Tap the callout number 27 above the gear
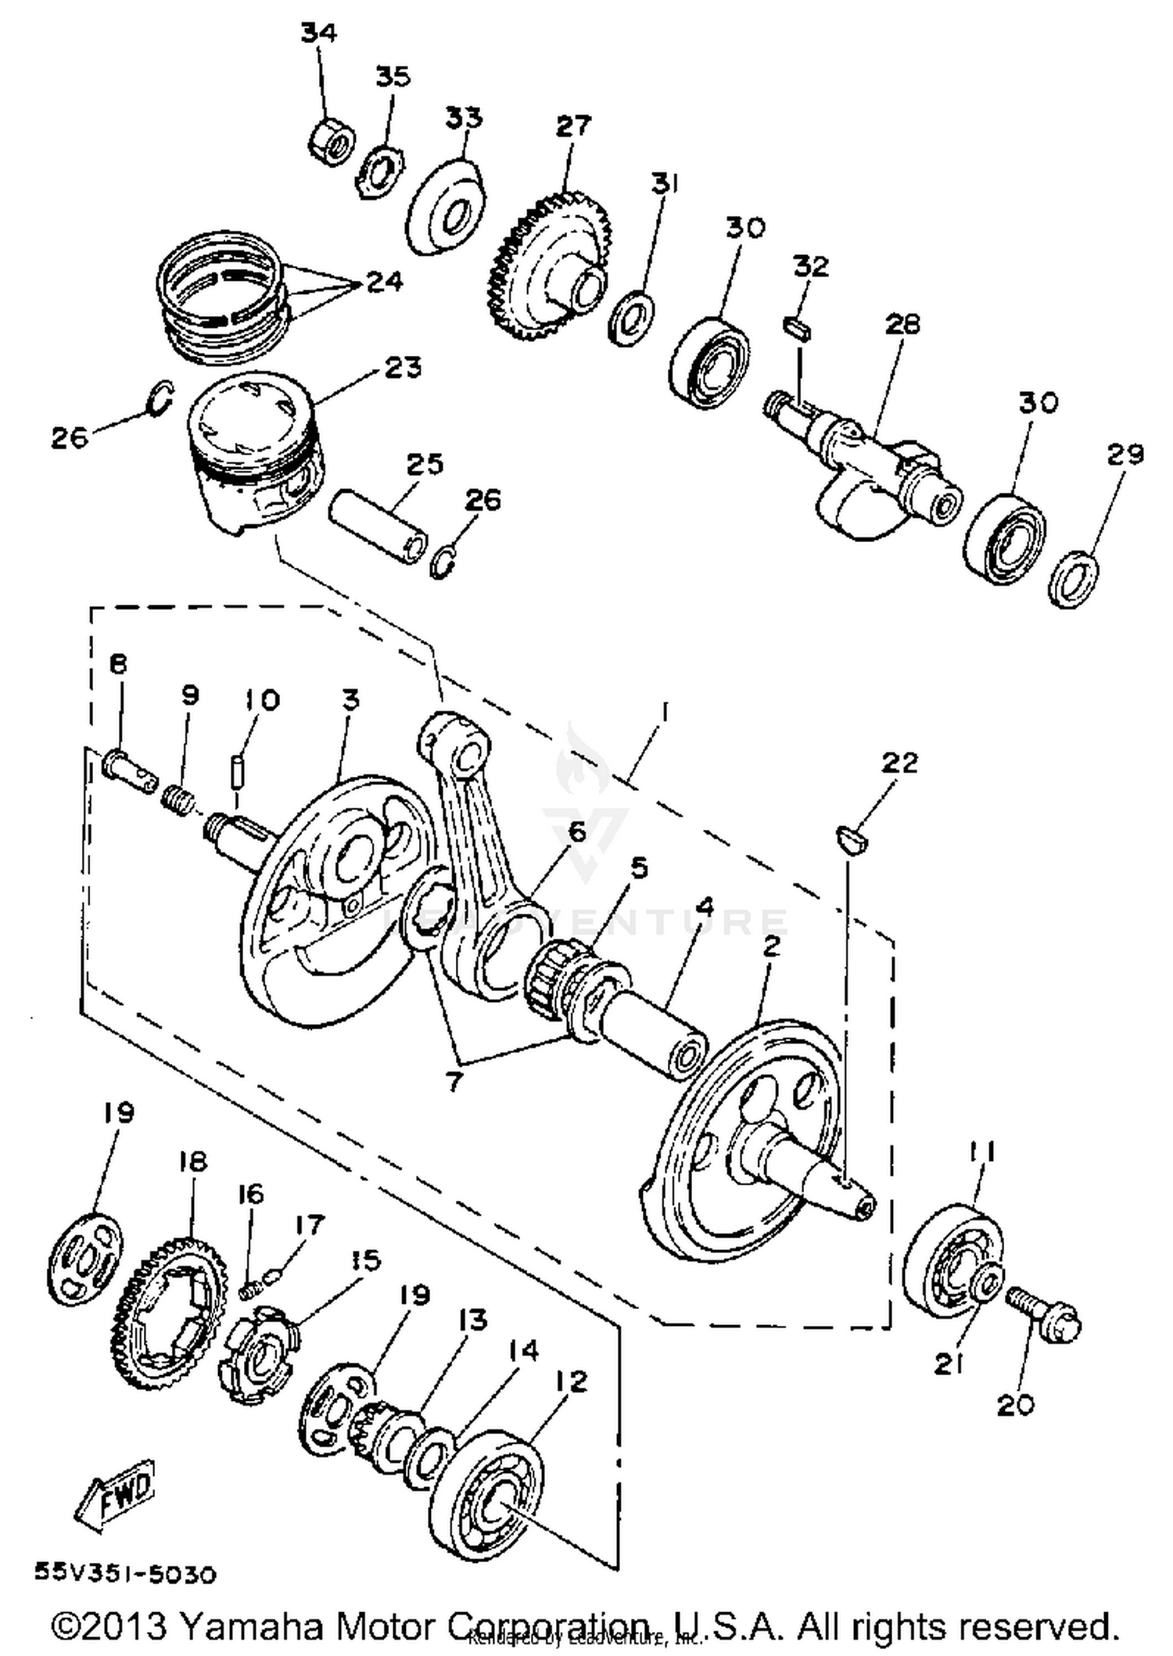click(x=574, y=125)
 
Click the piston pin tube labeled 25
click(x=378, y=526)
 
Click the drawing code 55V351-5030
click(x=125, y=1573)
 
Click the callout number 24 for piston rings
click(x=385, y=281)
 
